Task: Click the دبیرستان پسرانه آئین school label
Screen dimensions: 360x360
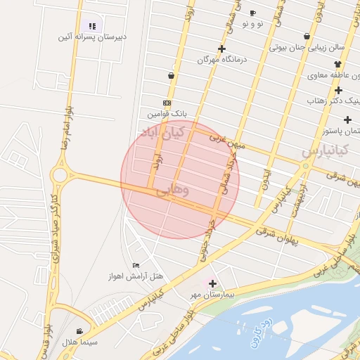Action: point(91,37)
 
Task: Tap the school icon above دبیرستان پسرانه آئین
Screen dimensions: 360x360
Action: point(91,26)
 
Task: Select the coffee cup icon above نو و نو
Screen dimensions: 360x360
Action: point(252,13)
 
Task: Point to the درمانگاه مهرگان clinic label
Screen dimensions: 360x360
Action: point(223,60)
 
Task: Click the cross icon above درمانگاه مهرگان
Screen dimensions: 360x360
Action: point(222,49)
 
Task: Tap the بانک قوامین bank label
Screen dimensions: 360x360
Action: point(167,112)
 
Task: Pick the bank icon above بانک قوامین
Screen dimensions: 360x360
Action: point(167,102)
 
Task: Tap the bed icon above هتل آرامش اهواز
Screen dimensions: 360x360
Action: point(136,264)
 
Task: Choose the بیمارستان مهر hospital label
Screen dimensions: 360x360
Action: point(213,293)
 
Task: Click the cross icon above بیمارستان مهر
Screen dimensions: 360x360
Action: point(212,283)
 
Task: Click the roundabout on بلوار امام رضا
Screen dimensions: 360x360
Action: point(60,174)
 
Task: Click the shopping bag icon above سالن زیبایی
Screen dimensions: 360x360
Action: point(307,36)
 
